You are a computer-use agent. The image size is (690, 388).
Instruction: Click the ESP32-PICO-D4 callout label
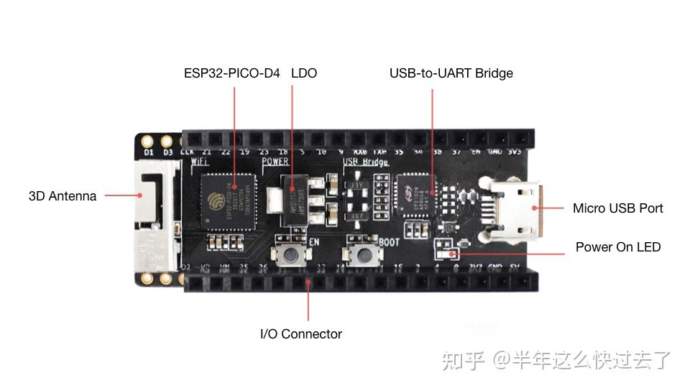[x=231, y=73]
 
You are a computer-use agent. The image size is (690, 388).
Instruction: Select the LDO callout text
[x=304, y=73]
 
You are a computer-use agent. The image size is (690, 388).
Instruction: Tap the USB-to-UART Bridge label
[x=451, y=73]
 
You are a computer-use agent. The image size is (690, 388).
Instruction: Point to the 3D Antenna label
[x=63, y=196]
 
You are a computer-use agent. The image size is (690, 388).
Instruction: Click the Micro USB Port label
[x=617, y=208]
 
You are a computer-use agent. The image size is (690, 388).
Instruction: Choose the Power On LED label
[x=617, y=247]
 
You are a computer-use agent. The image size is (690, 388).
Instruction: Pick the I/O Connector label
[x=300, y=333]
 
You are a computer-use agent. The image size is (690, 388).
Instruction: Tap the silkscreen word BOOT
[x=389, y=242]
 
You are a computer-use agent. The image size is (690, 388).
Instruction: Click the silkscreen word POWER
[x=275, y=162]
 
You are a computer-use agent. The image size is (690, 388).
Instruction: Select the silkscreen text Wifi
[x=201, y=162]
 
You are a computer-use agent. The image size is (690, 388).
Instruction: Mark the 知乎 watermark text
[x=463, y=359]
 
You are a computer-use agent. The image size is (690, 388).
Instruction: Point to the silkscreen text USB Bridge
[x=366, y=162]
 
